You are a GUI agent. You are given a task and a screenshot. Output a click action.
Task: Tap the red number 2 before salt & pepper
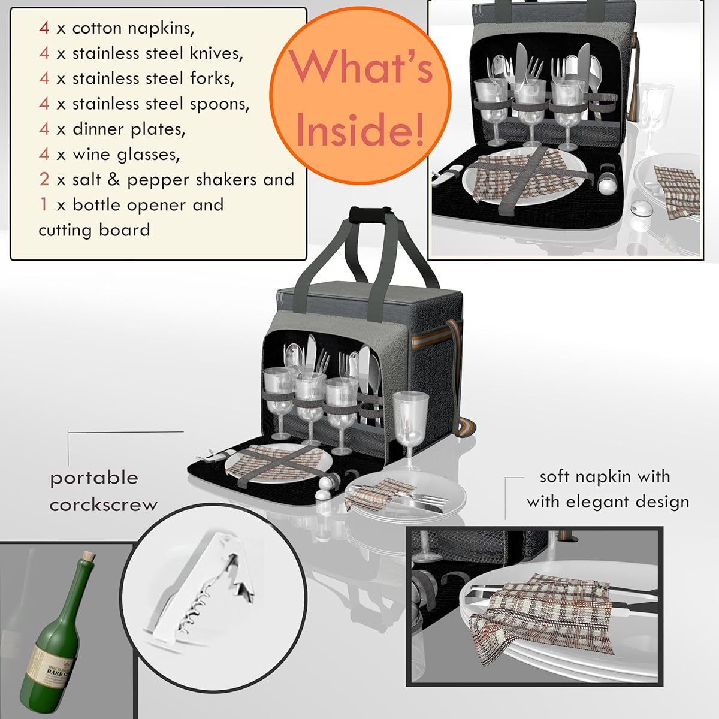44,179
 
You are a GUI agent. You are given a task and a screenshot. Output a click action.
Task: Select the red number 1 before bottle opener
43,204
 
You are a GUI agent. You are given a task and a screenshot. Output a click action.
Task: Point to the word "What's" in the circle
361,67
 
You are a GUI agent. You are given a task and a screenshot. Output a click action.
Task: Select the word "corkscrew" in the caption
103,504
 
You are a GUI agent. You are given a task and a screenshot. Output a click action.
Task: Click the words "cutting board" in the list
94,230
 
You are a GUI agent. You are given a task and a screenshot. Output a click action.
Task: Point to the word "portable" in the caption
94,478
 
